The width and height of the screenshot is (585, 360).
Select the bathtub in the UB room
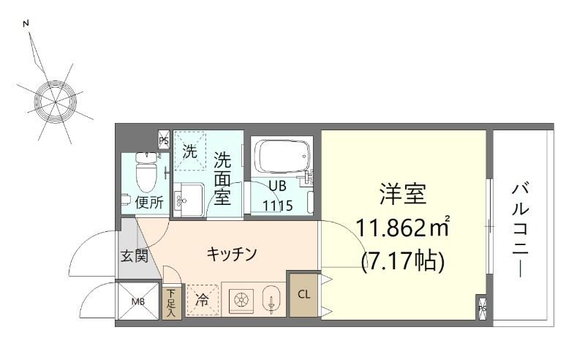tap(280, 158)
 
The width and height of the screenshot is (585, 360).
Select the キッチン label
tap(231, 254)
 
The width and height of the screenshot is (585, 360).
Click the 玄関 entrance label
tap(135, 256)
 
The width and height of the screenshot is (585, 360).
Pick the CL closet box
tap(303, 294)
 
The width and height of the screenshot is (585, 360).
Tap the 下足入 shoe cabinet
tap(172, 300)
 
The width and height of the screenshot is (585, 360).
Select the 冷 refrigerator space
tap(201, 300)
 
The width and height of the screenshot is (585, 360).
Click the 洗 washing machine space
tap(190, 152)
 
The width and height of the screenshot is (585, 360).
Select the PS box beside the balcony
tap(483, 308)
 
